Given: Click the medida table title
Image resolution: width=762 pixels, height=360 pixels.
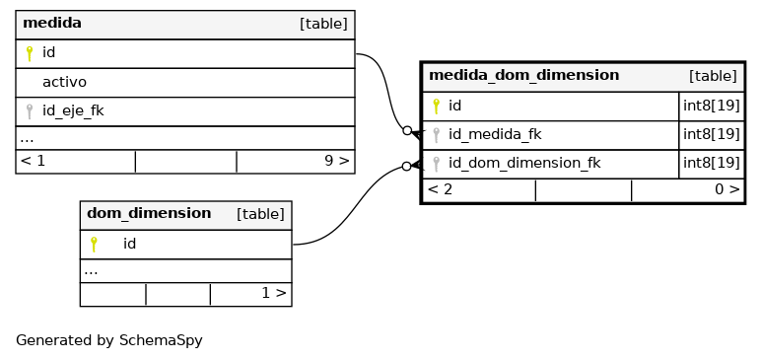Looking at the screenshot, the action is pos(52,23).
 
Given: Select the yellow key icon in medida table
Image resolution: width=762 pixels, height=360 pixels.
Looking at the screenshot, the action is pos(30,53).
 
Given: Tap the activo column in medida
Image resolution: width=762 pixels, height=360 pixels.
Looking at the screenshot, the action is pos(64,82).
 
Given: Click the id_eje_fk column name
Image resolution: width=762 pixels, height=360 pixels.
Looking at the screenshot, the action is pos(73,110).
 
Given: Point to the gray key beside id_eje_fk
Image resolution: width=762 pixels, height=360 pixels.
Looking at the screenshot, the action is pos(30,111).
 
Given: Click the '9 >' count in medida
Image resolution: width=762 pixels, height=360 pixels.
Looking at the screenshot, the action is pos(336,161).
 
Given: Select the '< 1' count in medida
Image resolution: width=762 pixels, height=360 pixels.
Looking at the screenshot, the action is pos(34,161).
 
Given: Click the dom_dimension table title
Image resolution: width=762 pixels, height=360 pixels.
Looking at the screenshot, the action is pos(149,213).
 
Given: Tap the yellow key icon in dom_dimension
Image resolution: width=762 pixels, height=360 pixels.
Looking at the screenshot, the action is pos(94,245).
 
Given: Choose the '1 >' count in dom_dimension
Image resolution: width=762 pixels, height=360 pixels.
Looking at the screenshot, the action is pos(274,293).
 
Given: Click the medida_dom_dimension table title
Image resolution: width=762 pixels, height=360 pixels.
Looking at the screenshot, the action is pos(523,75).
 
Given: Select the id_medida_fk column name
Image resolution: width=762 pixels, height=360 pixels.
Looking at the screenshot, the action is pos(495,134).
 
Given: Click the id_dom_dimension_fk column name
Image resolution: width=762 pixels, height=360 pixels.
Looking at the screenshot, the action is pos(524,163).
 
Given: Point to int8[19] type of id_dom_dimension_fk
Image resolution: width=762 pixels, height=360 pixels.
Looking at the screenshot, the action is pos(712,163).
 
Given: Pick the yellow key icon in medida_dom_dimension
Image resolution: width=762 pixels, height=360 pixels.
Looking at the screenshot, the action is pos(436,107).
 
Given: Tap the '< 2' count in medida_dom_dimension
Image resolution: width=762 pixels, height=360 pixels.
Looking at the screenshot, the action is pos(440,189).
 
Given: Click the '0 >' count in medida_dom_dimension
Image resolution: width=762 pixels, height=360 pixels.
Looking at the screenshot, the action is pos(727,189).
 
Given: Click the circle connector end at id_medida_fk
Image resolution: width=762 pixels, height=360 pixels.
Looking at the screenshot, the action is pos(407,130).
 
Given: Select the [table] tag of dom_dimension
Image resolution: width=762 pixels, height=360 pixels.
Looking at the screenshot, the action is pos(260,214).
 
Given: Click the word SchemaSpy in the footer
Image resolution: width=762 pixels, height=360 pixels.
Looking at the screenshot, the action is pos(161,340).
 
